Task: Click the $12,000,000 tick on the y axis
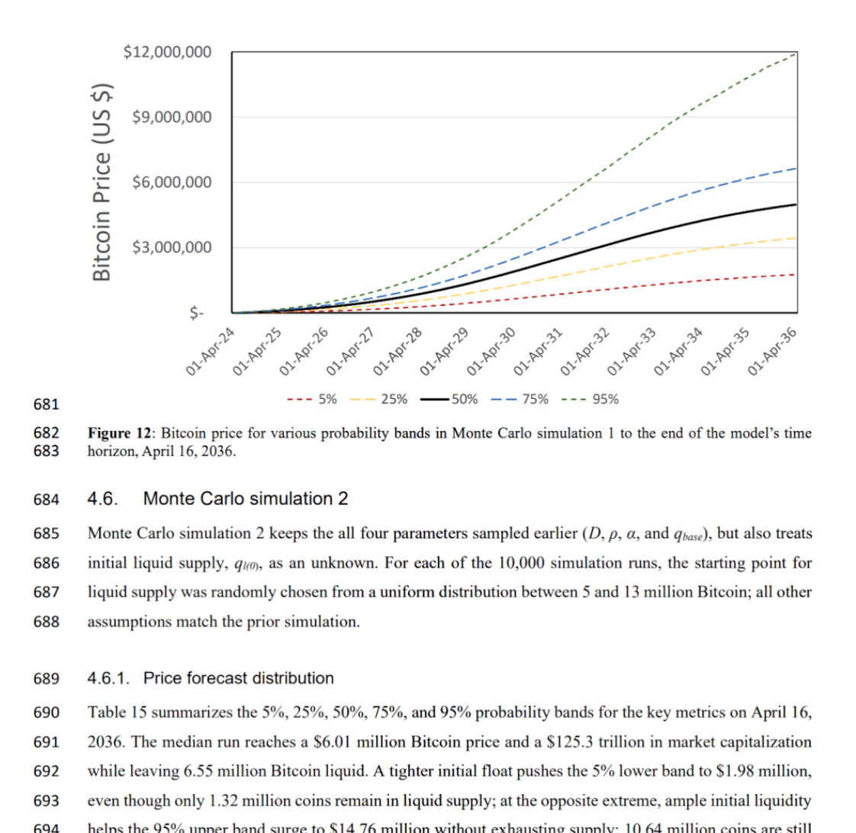click(167, 53)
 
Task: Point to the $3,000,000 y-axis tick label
click(172, 247)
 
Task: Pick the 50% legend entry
click(449, 398)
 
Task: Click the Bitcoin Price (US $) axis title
click(103, 169)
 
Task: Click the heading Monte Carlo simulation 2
click(246, 500)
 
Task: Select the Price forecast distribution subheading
click(238, 678)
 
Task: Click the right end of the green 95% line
click(796, 53)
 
